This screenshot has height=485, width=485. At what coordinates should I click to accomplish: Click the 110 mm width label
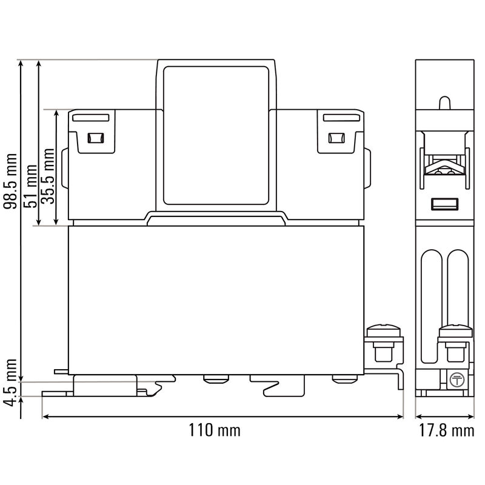215,431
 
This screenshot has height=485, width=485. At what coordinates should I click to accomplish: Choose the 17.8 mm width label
446,431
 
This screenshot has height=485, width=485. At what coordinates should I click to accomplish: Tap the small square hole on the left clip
94,138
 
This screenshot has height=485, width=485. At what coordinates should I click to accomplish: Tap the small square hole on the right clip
335,138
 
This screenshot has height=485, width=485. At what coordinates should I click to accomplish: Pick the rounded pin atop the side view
443,102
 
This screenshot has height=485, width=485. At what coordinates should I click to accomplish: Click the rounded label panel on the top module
216,136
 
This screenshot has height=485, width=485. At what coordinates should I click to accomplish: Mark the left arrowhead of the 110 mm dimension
44,416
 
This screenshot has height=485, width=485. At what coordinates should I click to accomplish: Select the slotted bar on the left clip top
91,118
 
